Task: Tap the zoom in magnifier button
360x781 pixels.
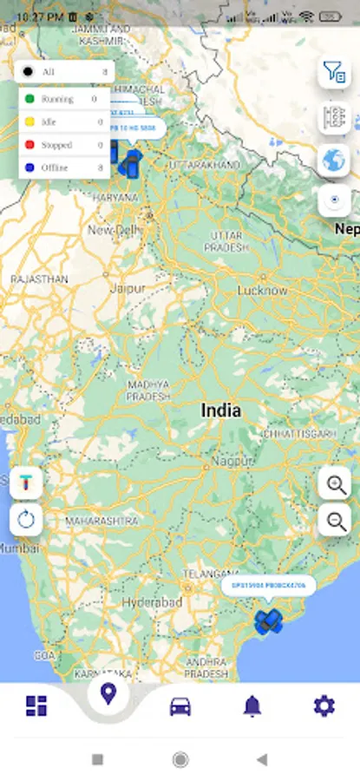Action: (x=335, y=483)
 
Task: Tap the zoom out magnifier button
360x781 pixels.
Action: (x=335, y=521)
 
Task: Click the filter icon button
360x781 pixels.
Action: (x=334, y=72)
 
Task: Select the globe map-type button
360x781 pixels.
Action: (x=334, y=160)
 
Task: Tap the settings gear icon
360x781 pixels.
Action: (x=324, y=706)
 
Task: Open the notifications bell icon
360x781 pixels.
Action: (x=252, y=706)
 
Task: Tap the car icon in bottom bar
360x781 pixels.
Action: (x=180, y=706)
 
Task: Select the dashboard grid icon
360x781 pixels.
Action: (x=36, y=706)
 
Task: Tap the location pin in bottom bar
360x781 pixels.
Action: (x=108, y=694)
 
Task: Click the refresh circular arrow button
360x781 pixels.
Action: (x=26, y=520)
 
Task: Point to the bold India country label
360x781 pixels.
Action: (x=221, y=410)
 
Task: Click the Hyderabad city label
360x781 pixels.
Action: (x=153, y=602)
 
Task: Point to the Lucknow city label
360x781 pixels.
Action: (x=262, y=290)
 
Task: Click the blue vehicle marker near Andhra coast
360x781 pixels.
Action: (x=268, y=620)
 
